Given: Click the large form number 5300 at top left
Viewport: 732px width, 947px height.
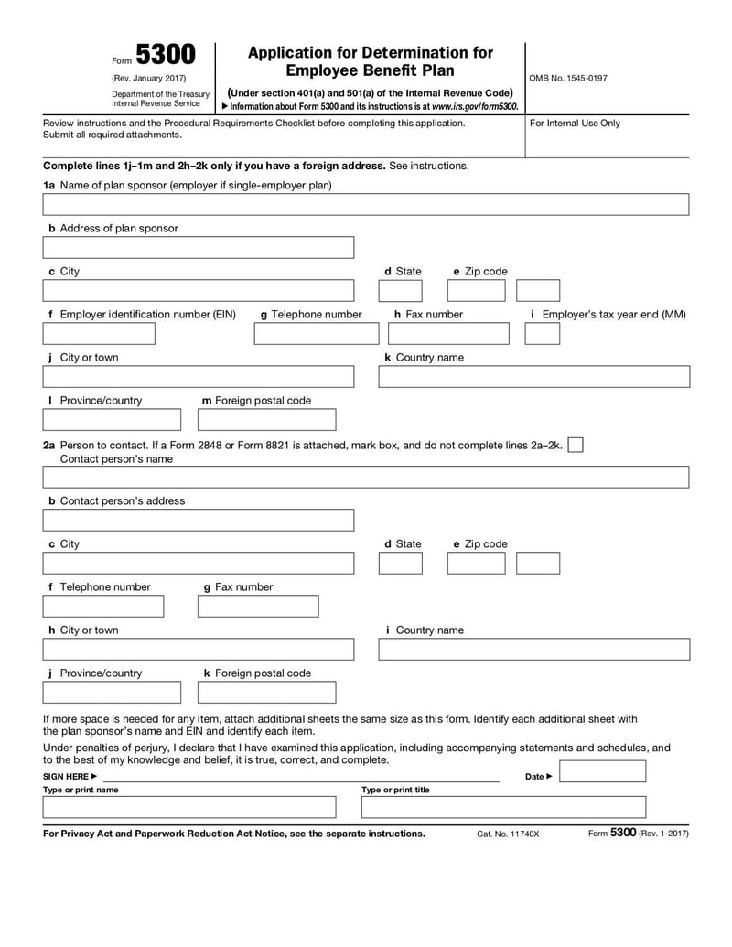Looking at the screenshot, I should (x=166, y=56).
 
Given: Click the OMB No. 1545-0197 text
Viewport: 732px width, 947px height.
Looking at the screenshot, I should (x=567, y=78).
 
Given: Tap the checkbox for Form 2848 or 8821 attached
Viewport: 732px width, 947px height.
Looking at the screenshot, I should (x=576, y=445).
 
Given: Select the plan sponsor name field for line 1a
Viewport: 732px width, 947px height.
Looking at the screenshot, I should (x=366, y=204).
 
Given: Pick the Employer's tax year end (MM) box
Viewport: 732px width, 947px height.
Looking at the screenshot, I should (x=543, y=334).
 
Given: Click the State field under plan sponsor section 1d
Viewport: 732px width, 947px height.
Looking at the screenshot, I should (x=400, y=291).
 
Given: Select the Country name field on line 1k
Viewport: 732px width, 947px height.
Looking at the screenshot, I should (x=534, y=377).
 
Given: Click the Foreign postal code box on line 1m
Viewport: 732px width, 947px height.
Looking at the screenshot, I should (x=266, y=420).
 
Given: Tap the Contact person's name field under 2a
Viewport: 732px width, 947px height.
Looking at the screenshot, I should (x=366, y=477).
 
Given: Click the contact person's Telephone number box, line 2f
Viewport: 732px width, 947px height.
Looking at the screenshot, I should (x=103, y=607).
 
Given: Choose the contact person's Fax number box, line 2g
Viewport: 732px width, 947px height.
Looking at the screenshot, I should (x=258, y=607).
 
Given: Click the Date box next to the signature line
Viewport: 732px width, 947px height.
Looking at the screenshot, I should (x=602, y=772).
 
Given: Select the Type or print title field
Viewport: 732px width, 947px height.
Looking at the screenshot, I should (x=503, y=807).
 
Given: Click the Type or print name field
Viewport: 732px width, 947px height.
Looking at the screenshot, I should (x=189, y=807).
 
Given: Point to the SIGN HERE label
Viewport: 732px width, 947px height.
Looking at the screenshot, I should (x=70, y=777).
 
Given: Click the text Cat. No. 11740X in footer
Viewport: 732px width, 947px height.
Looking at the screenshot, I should (x=508, y=834).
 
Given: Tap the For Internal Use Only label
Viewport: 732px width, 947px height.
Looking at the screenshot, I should (x=575, y=123).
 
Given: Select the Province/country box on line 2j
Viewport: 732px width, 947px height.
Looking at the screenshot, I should (x=112, y=693).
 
